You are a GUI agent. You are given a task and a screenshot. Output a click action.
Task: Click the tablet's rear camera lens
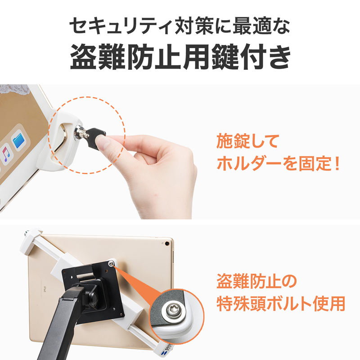168,243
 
